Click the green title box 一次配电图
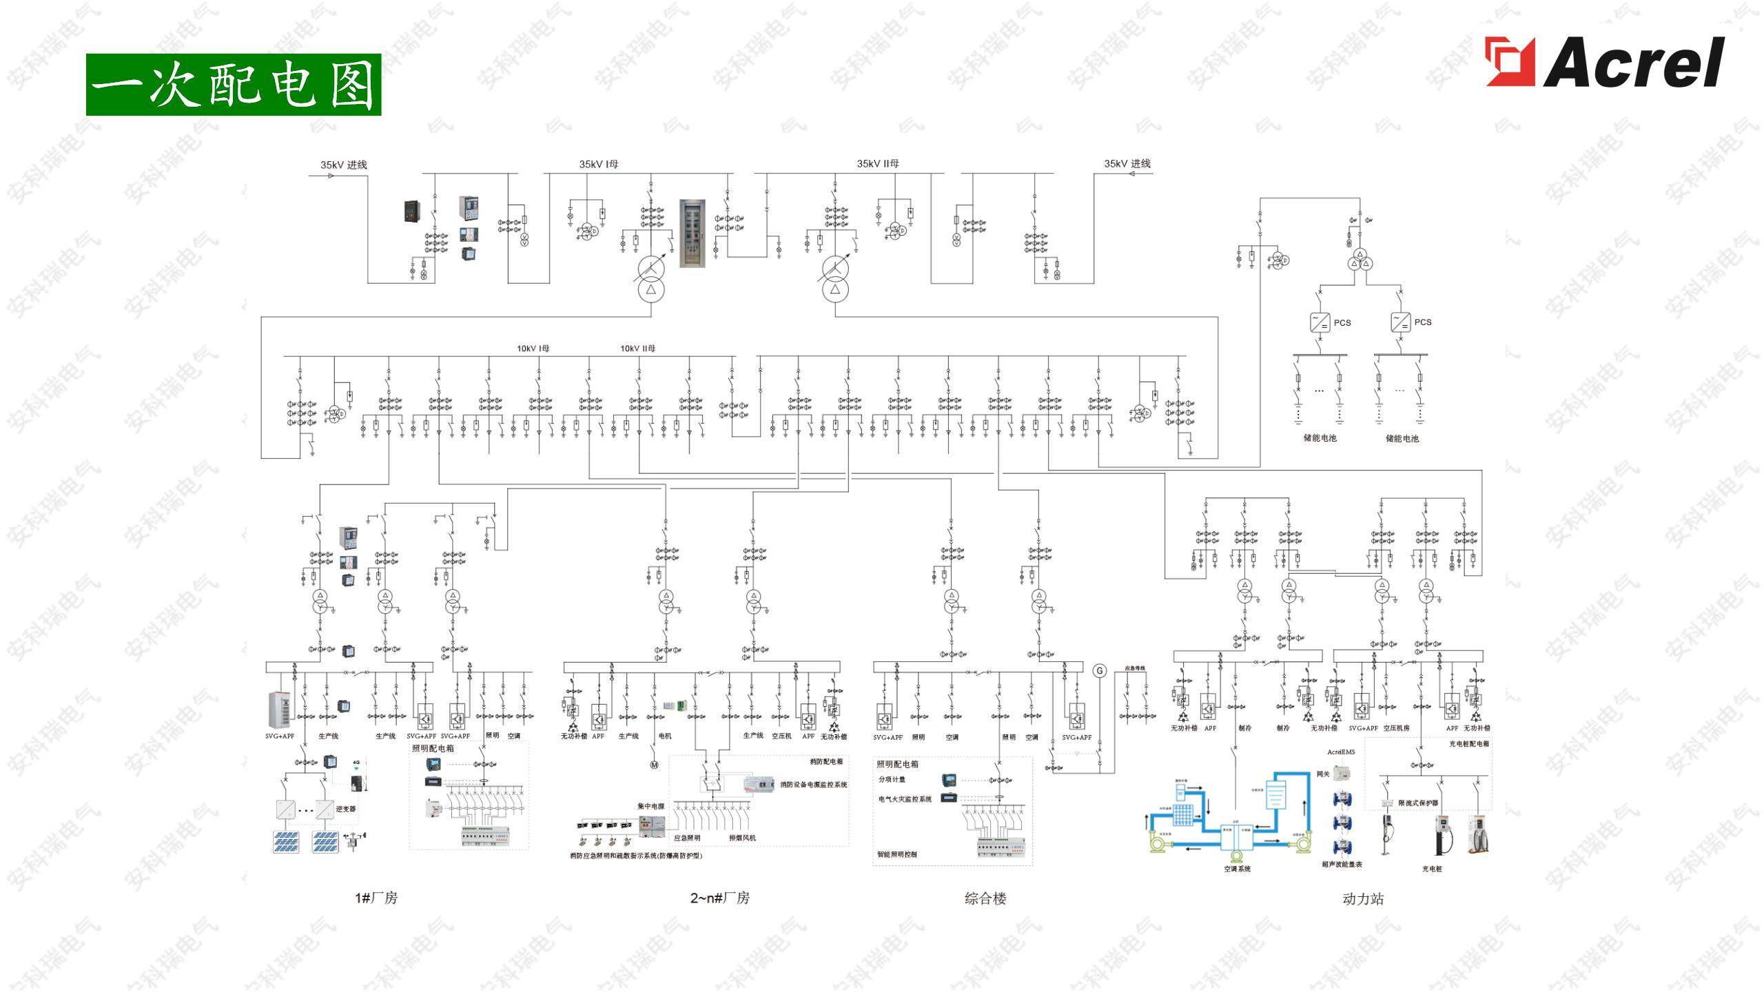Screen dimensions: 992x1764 point(234,84)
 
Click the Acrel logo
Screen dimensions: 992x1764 point(1604,62)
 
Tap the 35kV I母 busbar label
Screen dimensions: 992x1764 point(598,165)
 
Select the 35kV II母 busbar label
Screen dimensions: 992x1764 point(877,164)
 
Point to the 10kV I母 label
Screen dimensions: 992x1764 point(533,349)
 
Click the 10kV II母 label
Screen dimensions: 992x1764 point(637,349)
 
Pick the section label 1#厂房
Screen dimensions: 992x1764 point(376,898)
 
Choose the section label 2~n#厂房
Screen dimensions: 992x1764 point(719,898)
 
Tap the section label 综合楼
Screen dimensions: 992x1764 point(985,898)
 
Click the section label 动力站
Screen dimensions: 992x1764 point(1363,899)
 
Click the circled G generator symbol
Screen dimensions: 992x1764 point(1100,670)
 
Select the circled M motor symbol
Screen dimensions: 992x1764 point(655,765)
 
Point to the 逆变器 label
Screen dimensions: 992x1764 point(345,809)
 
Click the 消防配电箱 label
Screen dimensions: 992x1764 point(825,762)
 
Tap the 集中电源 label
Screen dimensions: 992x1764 point(650,806)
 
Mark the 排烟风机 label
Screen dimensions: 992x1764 point(742,838)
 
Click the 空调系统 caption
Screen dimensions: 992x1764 point(1237,869)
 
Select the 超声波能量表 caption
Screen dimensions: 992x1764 point(1342,865)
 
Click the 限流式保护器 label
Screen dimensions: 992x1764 point(1417,803)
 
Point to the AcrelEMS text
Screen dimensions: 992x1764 point(1341,752)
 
